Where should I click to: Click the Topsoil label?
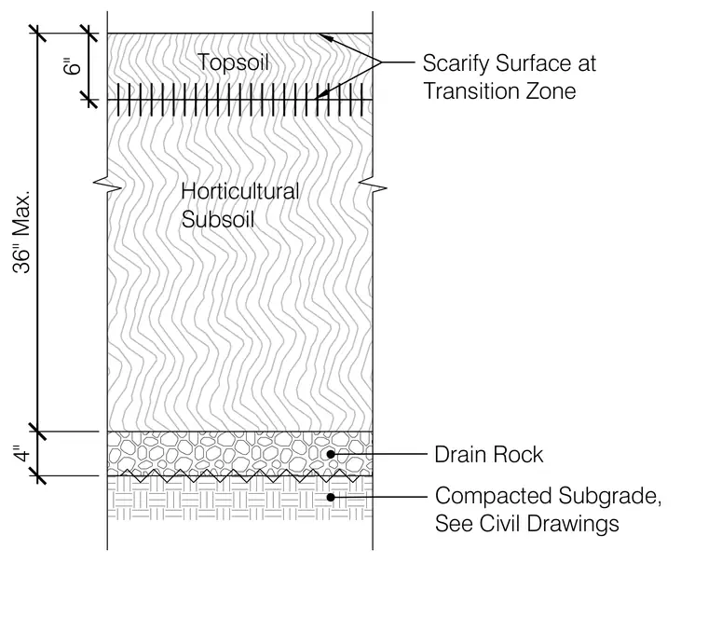click(x=233, y=62)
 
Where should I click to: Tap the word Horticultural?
click(x=239, y=191)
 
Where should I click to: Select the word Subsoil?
click(x=218, y=220)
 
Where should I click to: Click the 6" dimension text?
click(x=73, y=66)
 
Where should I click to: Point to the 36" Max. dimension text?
click(x=21, y=232)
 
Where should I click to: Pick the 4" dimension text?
click(x=21, y=454)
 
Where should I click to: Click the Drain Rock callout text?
click(x=488, y=455)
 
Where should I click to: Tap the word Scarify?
click(x=456, y=63)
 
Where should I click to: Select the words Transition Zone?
click(x=499, y=91)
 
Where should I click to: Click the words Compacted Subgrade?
click(x=548, y=496)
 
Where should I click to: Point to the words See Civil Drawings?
click(x=527, y=524)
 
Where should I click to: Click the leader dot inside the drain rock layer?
click(x=331, y=455)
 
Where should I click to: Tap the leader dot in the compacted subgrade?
click(x=331, y=497)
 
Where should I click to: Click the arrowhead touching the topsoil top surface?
click(x=326, y=37)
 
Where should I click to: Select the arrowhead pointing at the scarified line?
click(x=322, y=94)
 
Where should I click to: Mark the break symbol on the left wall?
click(x=107, y=186)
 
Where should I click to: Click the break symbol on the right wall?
click(x=373, y=186)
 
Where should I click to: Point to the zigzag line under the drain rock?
click(x=239, y=475)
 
